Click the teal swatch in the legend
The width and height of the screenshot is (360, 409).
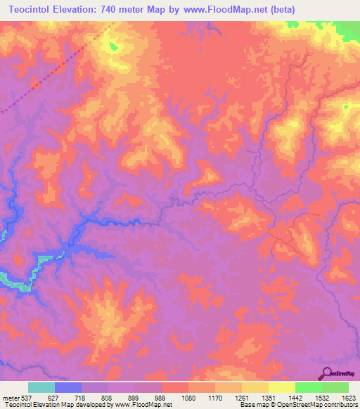pyautogui.click(x=41, y=387)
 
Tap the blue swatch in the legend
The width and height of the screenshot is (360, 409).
pyautogui.click(x=68, y=387)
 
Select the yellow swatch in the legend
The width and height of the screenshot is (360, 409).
pyautogui.click(x=281, y=387)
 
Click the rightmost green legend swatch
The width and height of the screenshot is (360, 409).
pyautogui.click(x=335, y=387)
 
